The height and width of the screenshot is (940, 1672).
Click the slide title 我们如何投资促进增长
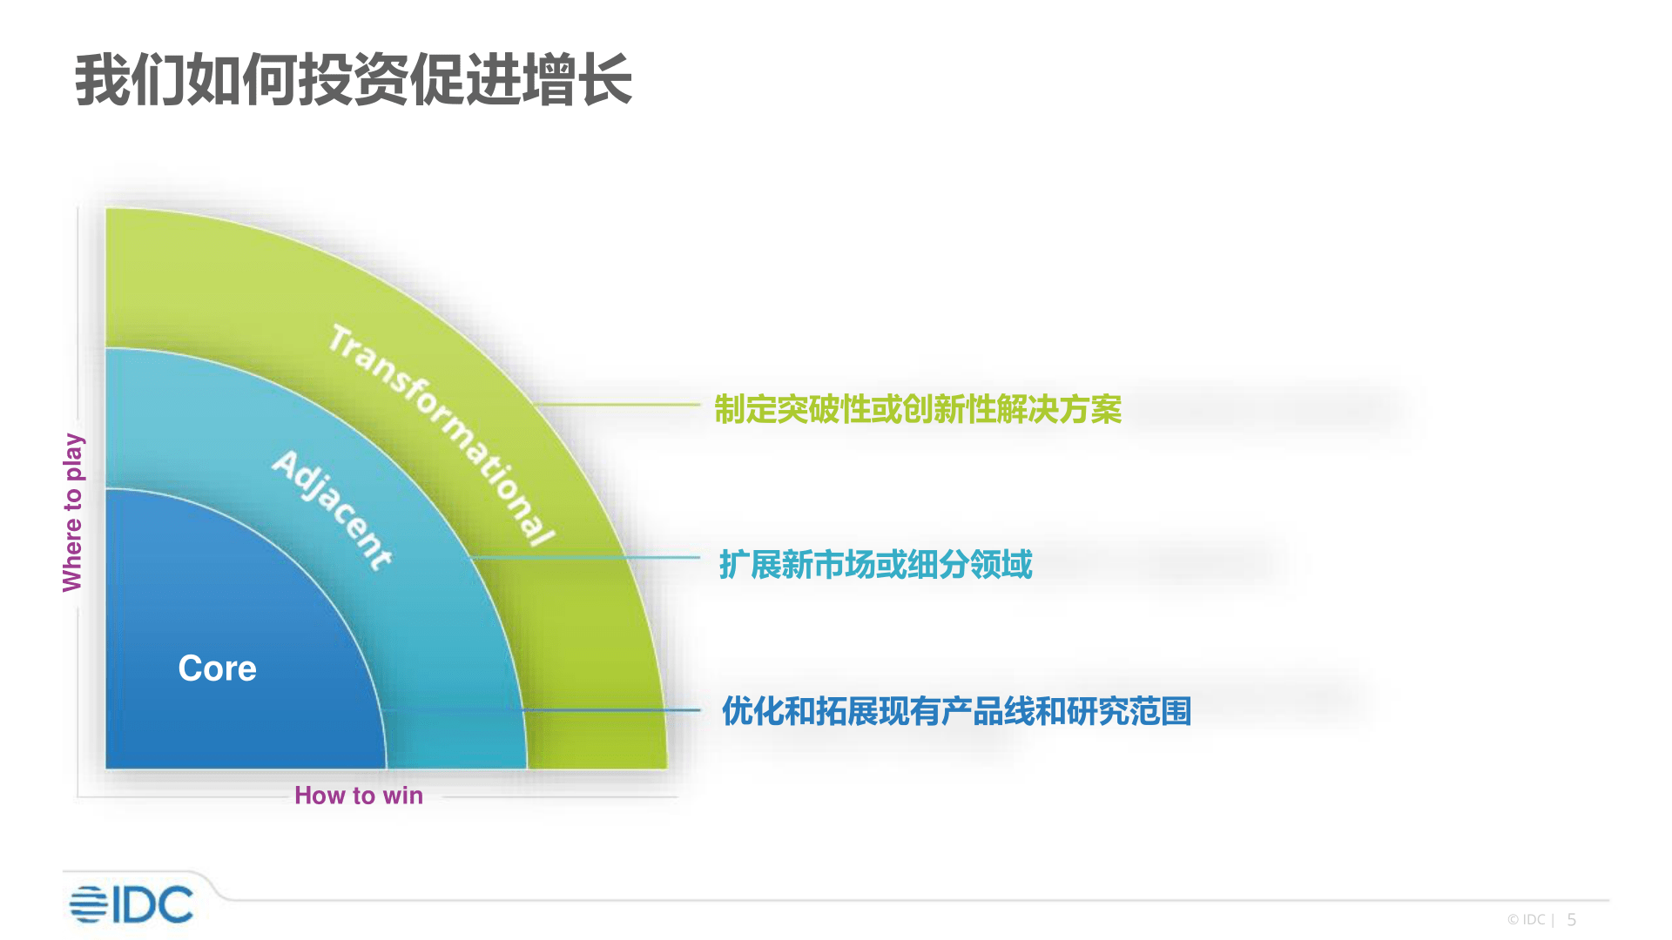tap(354, 80)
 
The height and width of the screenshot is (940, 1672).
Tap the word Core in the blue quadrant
tap(218, 668)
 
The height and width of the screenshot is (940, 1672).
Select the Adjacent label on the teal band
tap(332, 510)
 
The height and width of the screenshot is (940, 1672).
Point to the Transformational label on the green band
tap(442, 434)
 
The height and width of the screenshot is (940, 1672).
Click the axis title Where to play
tap(73, 513)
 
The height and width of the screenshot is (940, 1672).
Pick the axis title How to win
tap(359, 796)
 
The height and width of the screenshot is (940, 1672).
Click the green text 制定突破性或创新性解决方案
tap(918, 409)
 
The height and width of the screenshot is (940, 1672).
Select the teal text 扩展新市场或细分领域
tap(876, 565)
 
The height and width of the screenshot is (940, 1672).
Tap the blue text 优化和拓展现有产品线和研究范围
tap(956, 711)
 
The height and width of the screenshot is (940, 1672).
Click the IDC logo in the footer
tap(131, 904)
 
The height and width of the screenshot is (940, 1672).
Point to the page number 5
tap(1572, 920)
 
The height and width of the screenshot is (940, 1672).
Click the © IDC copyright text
tap(1527, 920)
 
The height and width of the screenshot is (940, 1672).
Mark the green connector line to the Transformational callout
tap(618, 405)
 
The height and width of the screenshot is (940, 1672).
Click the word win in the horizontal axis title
tap(403, 796)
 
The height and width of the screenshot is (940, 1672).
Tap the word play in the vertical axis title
tap(74, 457)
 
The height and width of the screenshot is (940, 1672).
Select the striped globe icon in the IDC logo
tap(88, 904)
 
